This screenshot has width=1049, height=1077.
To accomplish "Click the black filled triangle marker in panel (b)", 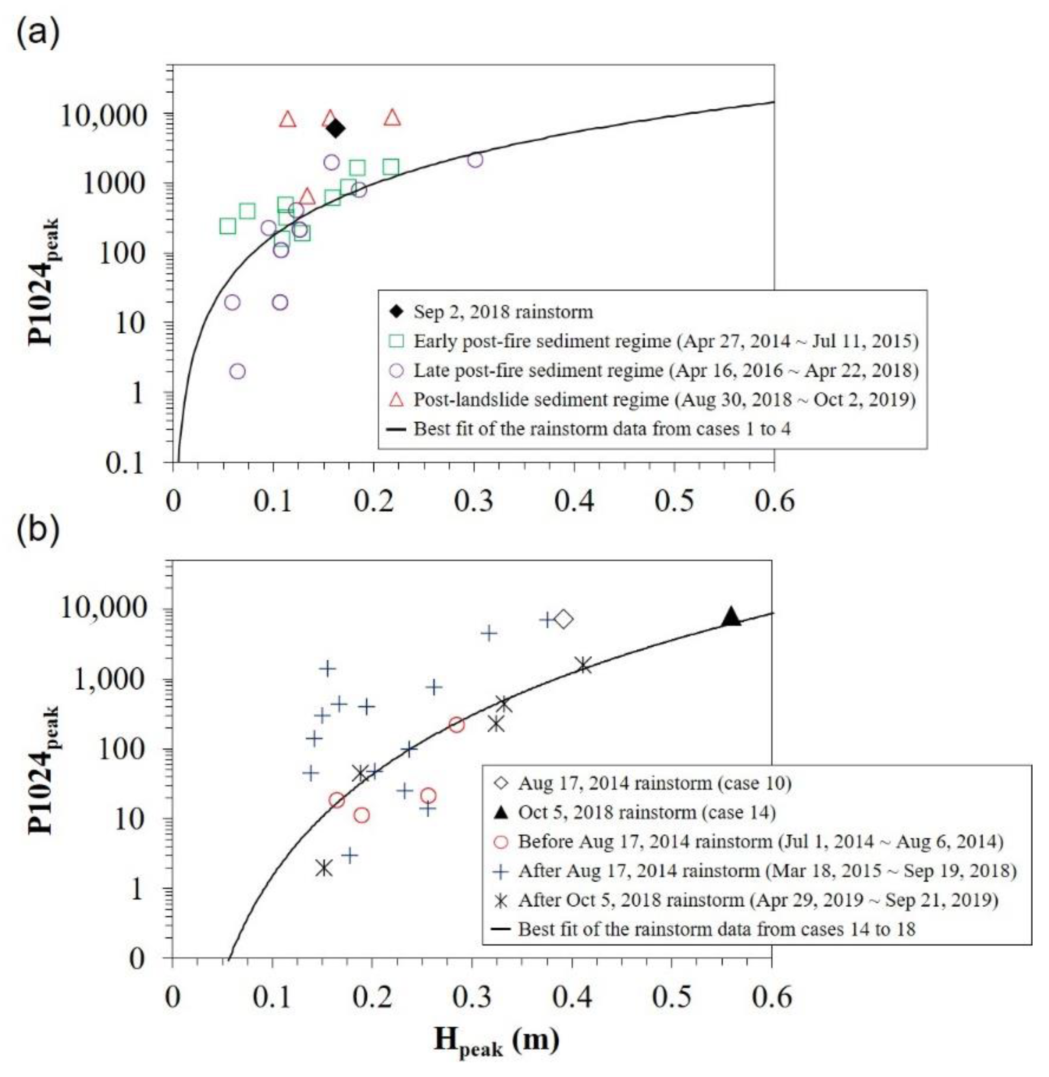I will (731, 617).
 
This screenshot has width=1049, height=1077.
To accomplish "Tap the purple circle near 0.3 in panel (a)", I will (475, 160).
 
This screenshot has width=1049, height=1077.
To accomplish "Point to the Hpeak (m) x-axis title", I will (496, 1042).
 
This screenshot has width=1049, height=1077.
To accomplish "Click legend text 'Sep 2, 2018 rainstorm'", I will (503, 312).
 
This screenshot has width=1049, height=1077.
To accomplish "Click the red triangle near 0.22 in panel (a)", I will (392, 117).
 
